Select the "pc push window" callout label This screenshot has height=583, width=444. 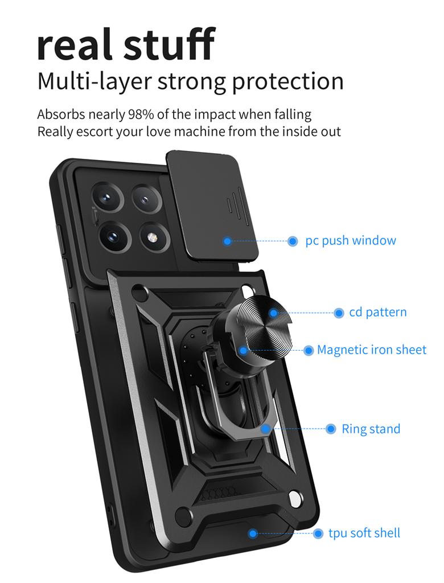(351, 240)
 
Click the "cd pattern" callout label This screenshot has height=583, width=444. (378, 312)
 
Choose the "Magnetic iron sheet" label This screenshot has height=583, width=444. (371, 350)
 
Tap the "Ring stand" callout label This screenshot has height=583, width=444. (371, 429)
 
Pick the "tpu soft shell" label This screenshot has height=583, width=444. (364, 533)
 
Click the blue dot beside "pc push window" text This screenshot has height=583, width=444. (293, 241)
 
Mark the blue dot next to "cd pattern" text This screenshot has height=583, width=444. (339, 313)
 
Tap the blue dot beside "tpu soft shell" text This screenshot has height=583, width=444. (318, 533)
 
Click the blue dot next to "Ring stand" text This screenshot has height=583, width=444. (331, 429)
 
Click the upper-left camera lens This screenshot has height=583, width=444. (108, 198)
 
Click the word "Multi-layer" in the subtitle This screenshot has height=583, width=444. (94, 81)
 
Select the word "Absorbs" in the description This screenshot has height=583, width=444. (61, 114)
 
